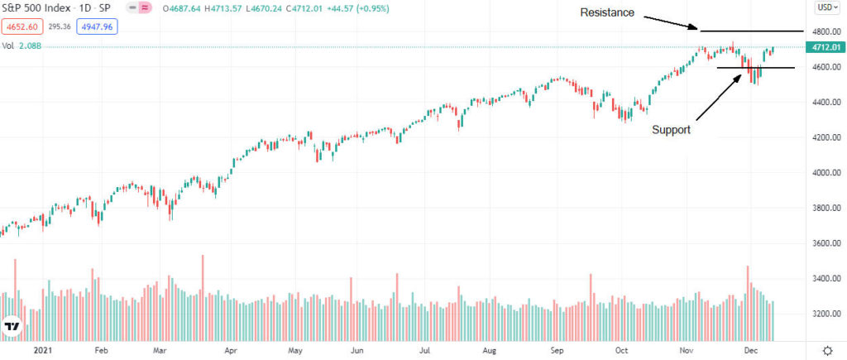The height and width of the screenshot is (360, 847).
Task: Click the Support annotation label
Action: (x=671, y=130)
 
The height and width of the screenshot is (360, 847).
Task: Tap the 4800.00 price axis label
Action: (x=824, y=31)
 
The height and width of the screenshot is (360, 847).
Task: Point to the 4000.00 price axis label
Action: (x=824, y=173)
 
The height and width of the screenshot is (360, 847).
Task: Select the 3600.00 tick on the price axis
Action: (x=824, y=243)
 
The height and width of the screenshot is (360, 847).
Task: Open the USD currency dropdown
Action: (x=825, y=7)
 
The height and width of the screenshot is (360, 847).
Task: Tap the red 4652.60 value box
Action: (x=22, y=27)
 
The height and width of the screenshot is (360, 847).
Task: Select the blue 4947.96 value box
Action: (x=98, y=27)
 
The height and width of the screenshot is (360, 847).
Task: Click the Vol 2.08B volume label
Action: (x=22, y=46)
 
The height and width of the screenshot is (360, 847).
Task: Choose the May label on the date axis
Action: (x=294, y=350)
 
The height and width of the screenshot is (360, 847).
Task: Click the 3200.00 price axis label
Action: (x=824, y=314)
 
